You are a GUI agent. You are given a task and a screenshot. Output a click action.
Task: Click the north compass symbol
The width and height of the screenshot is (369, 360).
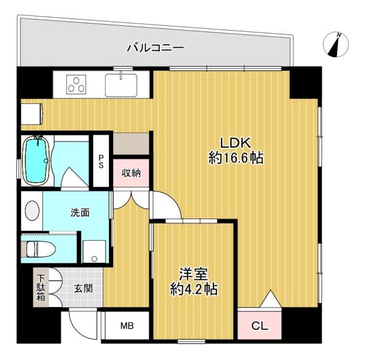coord(336,44)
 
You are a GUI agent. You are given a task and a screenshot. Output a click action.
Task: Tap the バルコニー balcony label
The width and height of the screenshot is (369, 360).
coord(156,48)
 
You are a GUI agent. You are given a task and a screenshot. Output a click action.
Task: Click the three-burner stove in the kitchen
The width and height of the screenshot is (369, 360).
coord(76,84)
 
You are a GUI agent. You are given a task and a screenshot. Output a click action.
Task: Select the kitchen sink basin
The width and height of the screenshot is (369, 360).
coord(121,85)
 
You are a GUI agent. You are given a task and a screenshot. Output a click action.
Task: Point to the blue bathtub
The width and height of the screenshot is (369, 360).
coord(36,161)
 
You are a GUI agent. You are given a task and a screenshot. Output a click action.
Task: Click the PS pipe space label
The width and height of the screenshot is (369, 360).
coord(101,162)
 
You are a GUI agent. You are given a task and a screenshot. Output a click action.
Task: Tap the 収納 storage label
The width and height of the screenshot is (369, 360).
coord(131,174)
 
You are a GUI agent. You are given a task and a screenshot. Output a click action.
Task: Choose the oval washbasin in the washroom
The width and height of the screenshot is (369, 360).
coord(32,210)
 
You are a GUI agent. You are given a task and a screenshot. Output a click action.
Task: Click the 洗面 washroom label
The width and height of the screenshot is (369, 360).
coord(80,212)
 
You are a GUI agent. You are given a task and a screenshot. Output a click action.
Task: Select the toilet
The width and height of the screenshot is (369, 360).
coord(40,250)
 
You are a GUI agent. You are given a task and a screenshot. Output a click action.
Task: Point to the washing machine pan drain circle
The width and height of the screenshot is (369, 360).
coord(94,258)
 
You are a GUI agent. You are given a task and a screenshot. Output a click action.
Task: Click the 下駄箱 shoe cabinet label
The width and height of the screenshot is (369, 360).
coord(41,288)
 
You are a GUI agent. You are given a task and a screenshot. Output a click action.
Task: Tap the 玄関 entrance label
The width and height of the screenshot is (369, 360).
coord(83,289)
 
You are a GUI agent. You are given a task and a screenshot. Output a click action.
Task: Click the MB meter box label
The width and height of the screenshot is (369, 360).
coord(127,326)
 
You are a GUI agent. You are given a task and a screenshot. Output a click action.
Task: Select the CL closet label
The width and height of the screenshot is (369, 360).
coord(260,326)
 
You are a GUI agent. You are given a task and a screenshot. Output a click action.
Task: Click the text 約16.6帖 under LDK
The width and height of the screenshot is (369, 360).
coord(236,158)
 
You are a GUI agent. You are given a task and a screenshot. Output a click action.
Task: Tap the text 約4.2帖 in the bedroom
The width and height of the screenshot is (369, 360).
coord(194,289)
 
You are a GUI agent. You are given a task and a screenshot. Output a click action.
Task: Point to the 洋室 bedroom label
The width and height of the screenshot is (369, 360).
coord(194,274)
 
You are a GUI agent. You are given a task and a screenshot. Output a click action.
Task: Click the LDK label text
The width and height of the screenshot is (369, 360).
coord(236,143)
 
